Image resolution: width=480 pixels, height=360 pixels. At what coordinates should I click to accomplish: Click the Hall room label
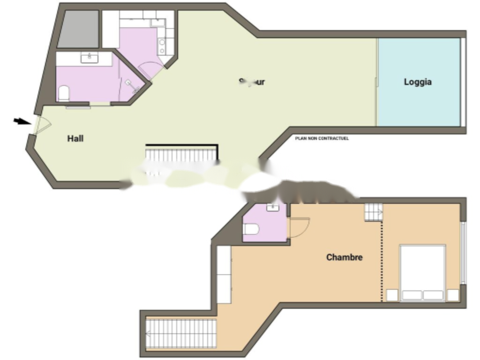pyautogui.click(x=75, y=138)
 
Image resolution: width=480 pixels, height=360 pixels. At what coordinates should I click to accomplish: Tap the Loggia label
pyautogui.click(x=418, y=82)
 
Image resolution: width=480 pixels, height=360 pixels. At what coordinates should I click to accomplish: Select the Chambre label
pyautogui.click(x=344, y=257)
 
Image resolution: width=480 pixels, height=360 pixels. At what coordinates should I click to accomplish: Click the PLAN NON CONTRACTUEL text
pyautogui.click(x=322, y=138)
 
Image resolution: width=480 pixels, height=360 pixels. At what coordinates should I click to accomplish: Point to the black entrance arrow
pyautogui.click(x=21, y=121)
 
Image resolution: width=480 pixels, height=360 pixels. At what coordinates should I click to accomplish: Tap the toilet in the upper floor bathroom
pyautogui.click(x=64, y=93)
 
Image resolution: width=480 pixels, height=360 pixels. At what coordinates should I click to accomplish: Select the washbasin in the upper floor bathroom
pyautogui.click(x=89, y=58)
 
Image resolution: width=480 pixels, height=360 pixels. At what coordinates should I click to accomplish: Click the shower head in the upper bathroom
pyautogui.click(x=128, y=82)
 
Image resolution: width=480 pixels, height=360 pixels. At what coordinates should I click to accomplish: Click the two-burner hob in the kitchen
pyautogui.click(x=162, y=45)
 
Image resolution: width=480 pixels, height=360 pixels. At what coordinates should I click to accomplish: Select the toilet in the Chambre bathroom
pyautogui.click(x=251, y=229)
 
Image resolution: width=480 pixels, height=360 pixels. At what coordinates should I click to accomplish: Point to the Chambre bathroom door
pyautogui.click(x=299, y=228)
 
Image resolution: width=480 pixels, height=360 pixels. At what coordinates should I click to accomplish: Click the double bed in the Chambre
pyautogui.click(x=422, y=272)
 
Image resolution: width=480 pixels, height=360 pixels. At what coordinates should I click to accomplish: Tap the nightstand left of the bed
pyautogui.click(x=391, y=295)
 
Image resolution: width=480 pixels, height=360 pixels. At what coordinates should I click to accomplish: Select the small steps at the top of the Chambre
pyautogui.click(x=373, y=212)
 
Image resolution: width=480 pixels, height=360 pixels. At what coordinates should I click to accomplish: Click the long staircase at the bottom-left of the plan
pyautogui.click(x=181, y=333)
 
